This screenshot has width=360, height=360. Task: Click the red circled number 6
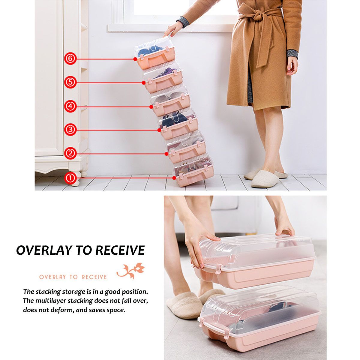(70, 58)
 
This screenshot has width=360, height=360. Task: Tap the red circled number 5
(70, 82)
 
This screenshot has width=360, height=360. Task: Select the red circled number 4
(70, 106)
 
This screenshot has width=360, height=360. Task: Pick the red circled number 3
(70, 130)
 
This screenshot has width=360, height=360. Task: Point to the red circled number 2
(70, 153)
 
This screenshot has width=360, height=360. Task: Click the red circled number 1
(70, 178)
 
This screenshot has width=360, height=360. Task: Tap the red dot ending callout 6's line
(135, 59)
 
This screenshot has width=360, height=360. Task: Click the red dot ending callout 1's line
(174, 178)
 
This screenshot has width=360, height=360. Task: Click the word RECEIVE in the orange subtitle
(94, 277)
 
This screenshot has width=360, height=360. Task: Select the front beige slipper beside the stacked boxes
(265, 179)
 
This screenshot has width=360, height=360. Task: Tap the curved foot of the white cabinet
(76, 182)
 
